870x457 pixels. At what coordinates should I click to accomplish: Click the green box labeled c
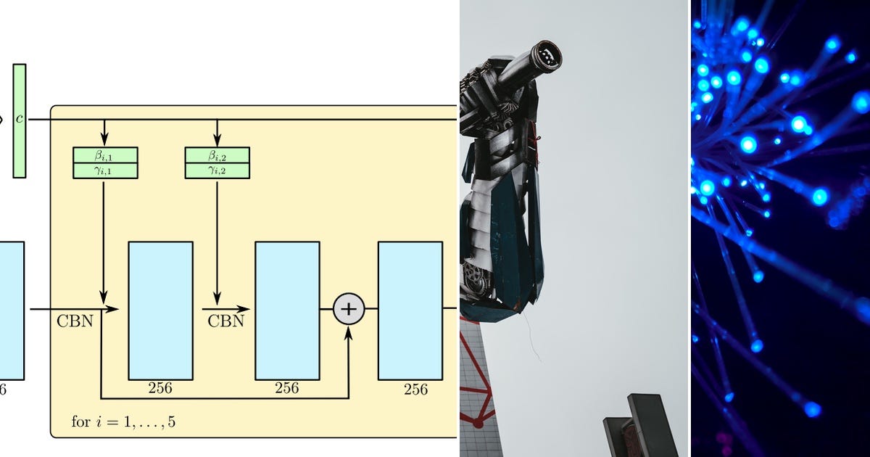[x=20, y=121]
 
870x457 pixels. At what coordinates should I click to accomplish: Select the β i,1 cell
[x=105, y=155]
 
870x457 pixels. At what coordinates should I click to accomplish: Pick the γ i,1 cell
[x=105, y=171]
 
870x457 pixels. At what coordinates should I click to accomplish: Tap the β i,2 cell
[x=217, y=155]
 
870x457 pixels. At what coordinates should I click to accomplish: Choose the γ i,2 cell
[x=217, y=171]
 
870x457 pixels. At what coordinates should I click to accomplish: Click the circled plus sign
[x=349, y=309]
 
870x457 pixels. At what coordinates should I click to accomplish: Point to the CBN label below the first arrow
[x=75, y=321]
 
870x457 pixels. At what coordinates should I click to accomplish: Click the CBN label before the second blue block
[x=225, y=321]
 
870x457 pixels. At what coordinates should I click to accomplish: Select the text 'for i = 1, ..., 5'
[x=123, y=421]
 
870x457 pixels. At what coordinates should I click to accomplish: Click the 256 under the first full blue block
[x=160, y=388]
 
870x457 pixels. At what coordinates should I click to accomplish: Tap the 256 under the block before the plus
[x=287, y=388]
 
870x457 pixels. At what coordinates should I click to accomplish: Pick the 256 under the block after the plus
[x=415, y=390]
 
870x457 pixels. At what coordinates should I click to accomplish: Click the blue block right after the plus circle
[x=410, y=311]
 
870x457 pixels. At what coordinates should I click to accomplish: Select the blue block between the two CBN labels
[x=161, y=311]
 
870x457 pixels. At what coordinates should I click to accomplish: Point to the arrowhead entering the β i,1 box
[x=104, y=139]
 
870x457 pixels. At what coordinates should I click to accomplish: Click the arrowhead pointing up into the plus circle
[x=349, y=334]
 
